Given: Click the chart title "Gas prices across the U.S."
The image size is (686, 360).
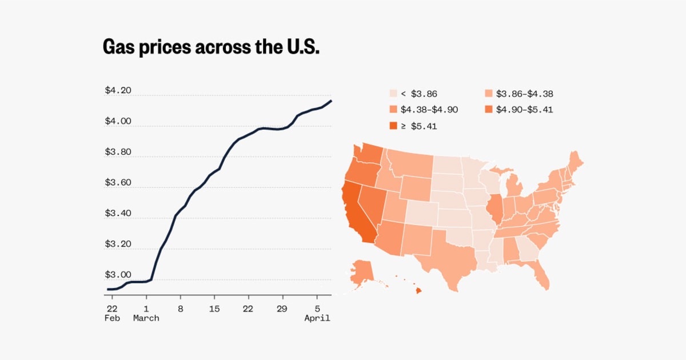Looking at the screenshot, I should coord(210,47).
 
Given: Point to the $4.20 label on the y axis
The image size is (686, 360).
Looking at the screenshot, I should coord(118,90).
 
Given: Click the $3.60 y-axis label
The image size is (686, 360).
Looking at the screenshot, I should coord(118,182).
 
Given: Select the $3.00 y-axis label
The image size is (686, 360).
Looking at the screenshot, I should coord(118,274).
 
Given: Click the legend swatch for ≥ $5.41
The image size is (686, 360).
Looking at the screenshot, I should coord(393,126).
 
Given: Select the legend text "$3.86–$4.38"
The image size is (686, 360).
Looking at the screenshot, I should coord(524,94).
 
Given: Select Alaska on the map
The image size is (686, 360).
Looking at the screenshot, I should coord(361,271).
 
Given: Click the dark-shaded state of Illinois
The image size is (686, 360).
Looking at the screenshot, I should coord(495,210).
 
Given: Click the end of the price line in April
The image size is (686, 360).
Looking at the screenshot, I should coord(331,101).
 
